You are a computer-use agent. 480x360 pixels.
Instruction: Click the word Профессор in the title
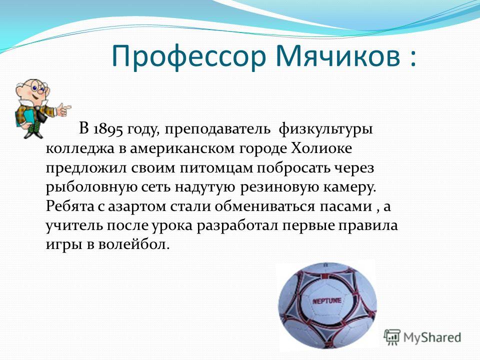[x=188, y=56]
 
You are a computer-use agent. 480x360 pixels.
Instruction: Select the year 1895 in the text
[x=108, y=129]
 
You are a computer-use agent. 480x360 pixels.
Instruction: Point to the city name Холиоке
[x=321, y=148]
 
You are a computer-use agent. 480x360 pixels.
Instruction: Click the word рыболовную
[x=91, y=187]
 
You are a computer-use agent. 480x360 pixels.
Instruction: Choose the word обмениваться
[x=264, y=206]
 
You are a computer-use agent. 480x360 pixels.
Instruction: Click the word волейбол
[x=134, y=244]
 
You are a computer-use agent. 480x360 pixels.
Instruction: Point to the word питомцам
[x=216, y=168]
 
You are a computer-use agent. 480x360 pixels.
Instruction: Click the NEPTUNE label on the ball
[x=326, y=301]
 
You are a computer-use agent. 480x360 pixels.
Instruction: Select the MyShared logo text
[x=432, y=337]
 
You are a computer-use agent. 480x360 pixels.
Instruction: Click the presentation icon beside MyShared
[x=392, y=337]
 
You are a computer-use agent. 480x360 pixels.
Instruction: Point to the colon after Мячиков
[x=412, y=57]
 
